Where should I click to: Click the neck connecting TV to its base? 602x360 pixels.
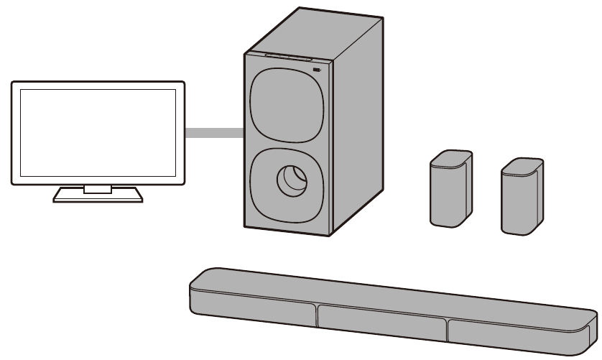click(x=98, y=188)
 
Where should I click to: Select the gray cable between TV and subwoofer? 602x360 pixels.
click(x=215, y=132)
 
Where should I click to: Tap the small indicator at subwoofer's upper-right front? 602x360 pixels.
click(x=317, y=70)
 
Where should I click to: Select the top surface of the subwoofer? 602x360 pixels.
click(x=309, y=32)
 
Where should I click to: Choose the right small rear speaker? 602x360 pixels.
click(x=520, y=198)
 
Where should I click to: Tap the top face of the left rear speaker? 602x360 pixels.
click(x=451, y=157)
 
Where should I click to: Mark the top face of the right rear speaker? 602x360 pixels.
click(x=522, y=165)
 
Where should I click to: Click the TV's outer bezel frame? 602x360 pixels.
click(x=15, y=133)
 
